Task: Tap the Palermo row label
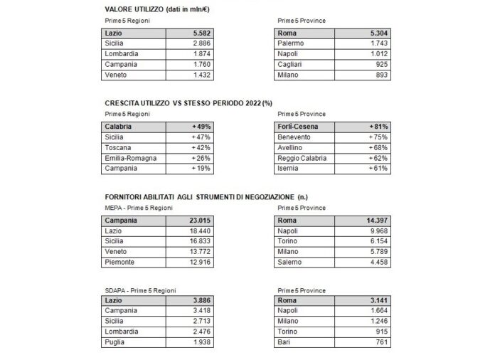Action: [292, 44]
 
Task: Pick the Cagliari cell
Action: [292, 64]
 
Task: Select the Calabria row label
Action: [120, 126]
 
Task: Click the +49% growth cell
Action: [202, 126]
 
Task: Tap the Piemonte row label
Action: [121, 262]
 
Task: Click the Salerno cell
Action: [292, 262]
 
